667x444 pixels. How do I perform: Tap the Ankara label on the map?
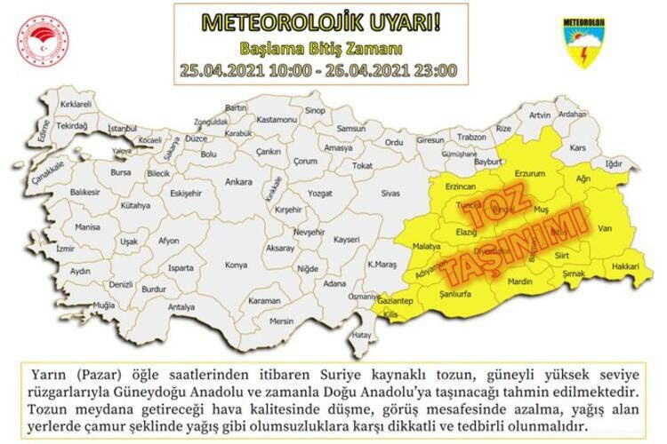coord(238,183)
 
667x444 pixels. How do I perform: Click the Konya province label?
coord(236,265)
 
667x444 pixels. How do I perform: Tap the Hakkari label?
coord(625,266)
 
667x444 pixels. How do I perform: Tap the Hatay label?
coord(360,335)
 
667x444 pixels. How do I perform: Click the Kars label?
coord(579,146)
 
